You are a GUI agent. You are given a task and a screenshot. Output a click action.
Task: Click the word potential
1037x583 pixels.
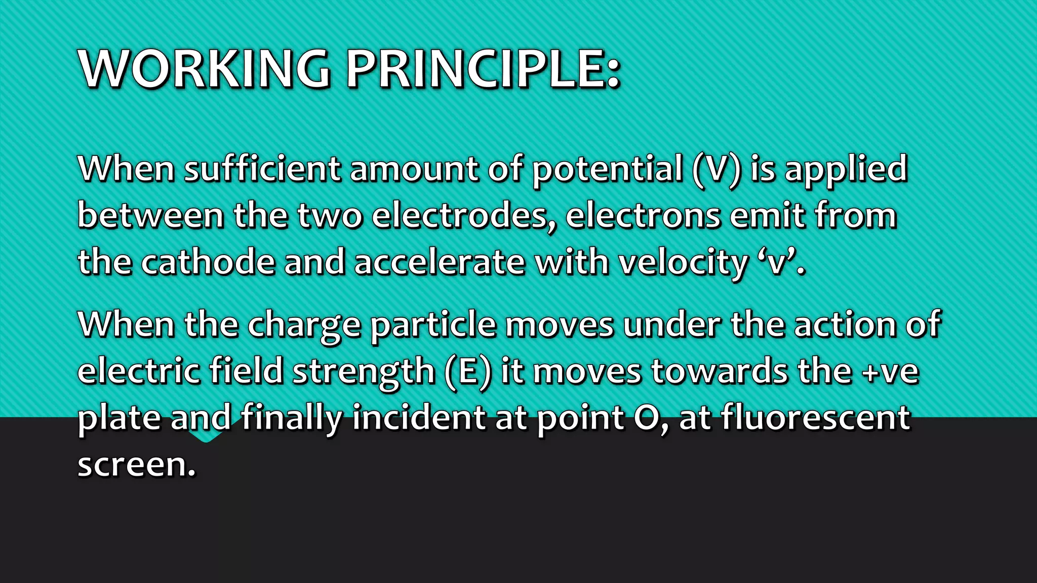(x=607, y=170)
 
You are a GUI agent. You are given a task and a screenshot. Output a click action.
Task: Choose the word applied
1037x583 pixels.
(x=846, y=170)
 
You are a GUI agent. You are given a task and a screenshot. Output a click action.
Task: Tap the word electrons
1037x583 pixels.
(x=643, y=216)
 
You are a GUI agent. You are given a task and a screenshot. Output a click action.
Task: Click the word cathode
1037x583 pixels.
(x=207, y=262)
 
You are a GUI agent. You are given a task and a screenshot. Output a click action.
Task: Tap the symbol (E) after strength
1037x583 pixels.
(x=468, y=371)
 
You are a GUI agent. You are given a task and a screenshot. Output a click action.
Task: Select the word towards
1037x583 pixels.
(x=719, y=371)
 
